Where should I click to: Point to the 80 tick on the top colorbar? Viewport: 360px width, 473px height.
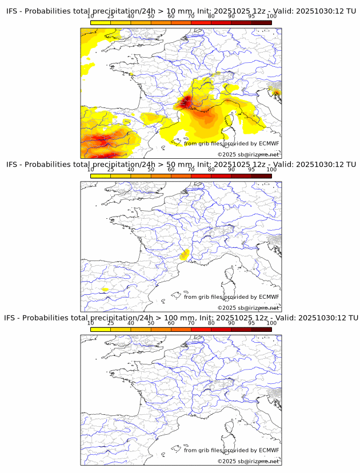[x=211, y=17]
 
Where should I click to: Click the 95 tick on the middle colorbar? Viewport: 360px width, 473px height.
[x=251, y=170]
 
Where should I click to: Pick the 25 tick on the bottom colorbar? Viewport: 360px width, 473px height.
[x=111, y=323]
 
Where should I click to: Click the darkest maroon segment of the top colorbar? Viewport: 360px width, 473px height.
[x=261, y=22]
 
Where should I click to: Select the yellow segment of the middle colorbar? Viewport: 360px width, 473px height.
[x=101, y=176]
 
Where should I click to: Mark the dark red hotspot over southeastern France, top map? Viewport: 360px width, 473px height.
[x=186, y=103]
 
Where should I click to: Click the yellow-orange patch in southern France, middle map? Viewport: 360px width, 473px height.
[x=184, y=255]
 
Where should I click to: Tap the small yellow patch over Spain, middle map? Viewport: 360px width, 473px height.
[x=105, y=290]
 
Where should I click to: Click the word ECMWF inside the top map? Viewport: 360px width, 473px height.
[x=269, y=143]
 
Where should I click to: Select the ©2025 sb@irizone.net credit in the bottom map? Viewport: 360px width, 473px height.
[x=248, y=461]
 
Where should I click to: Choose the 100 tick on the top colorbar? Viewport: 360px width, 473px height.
[x=271, y=17]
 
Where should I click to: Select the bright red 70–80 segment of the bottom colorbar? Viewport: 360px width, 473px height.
[x=201, y=329]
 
